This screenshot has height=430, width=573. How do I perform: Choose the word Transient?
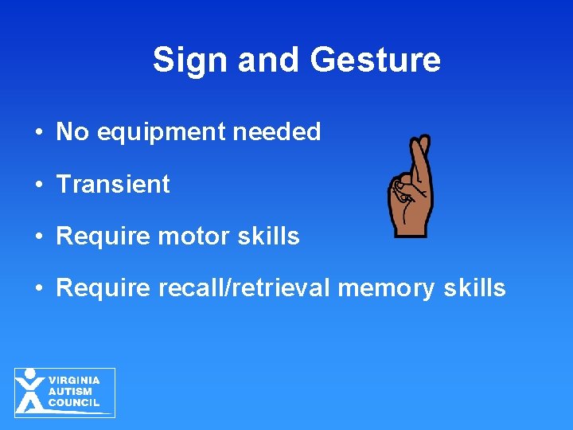tap(113, 184)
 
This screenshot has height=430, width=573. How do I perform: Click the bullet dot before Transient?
tap(38, 185)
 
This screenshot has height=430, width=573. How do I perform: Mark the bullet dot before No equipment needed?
tap(38, 132)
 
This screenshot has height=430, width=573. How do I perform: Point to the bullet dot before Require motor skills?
tap(38, 236)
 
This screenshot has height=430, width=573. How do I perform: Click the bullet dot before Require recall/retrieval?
tap(38, 288)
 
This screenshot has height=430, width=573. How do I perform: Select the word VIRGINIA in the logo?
tap(74, 381)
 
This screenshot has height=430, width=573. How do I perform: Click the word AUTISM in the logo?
tap(70, 392)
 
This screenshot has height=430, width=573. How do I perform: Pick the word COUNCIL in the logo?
tap(74, 403)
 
